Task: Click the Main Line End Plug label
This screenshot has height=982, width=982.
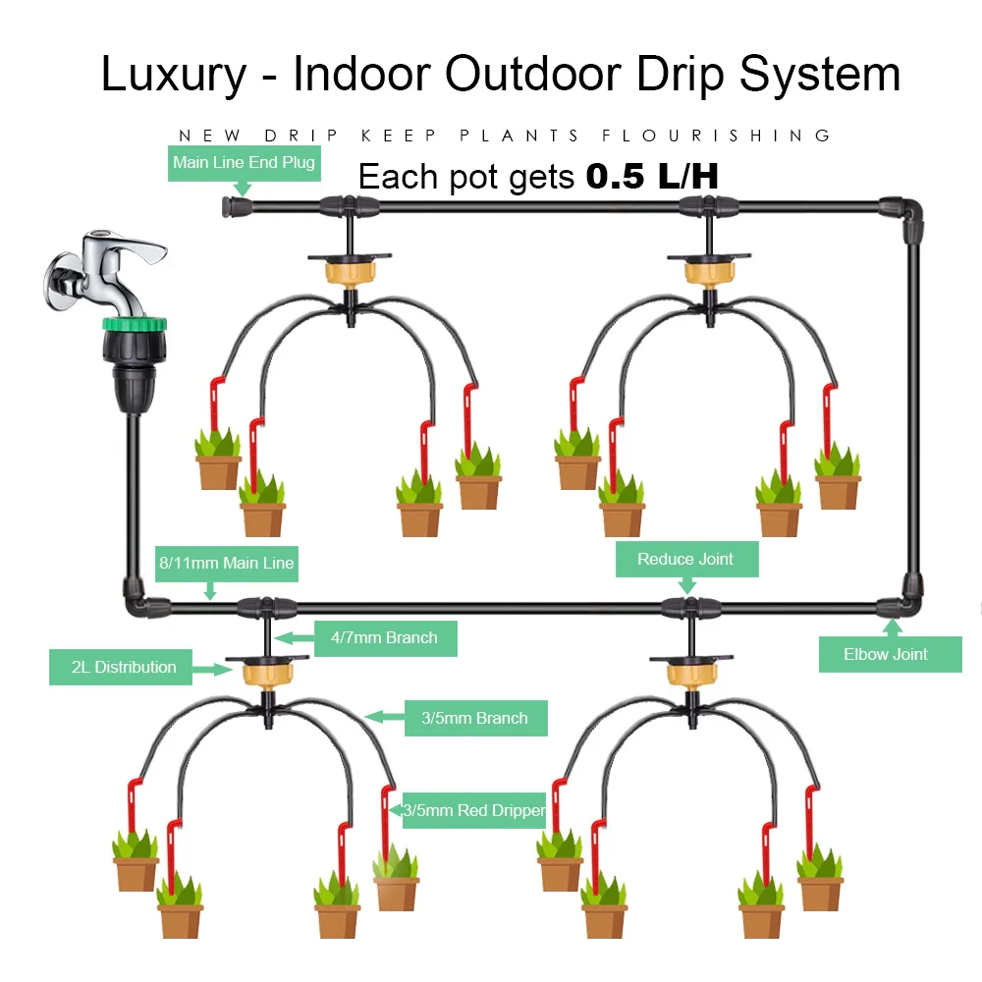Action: pyautogui.click(x=244, y=162)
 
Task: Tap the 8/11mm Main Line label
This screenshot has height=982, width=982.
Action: pyautogui.click(x=227, y=564)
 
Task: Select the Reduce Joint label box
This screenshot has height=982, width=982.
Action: pyautogui.click(x=685, y=559)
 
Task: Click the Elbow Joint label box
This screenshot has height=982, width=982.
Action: pyautogui.click(x=890, y=654)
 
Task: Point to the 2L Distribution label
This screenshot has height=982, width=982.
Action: pyautogui.click(x=124, y=668)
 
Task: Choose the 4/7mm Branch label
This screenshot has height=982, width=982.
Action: pyautogui.click(x=384, y=638)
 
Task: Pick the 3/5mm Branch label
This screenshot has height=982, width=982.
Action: pyautogui.click(x=474, y=718)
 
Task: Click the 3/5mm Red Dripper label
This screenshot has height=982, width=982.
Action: pyautogui.click(x=473, y=810)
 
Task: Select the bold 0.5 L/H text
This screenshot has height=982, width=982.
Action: pyautogui.click(x=652, y=177)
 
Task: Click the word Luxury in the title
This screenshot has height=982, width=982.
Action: pyautogui.click(x=174, y=75)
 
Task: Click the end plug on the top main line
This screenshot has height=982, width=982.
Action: pyautogui.click(x=234, y=207)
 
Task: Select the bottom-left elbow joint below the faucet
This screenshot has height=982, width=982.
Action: pyautogui.click(x=135, y=600)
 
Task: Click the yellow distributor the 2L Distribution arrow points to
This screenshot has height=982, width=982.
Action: pyautogui.click(x=267, y=671)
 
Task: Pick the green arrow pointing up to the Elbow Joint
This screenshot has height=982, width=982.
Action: pyautogui.click(x=892, y=626)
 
